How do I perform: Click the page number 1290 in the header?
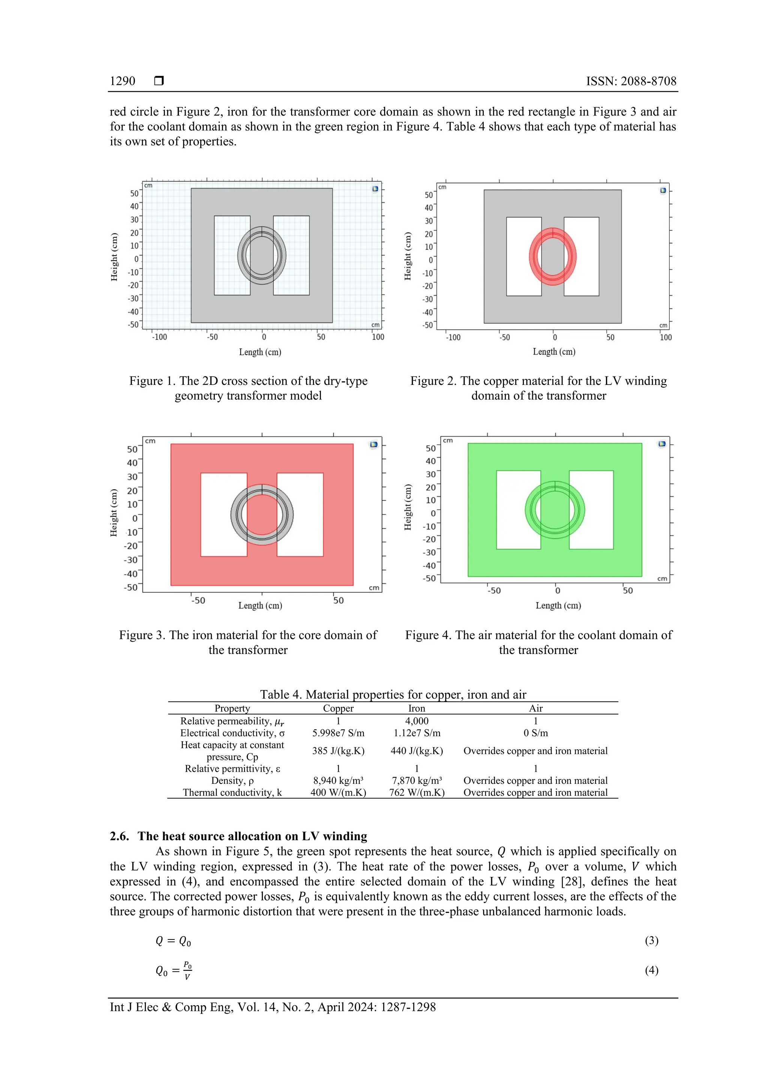[x=122, y=81]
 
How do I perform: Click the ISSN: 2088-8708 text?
[x=631, y=81]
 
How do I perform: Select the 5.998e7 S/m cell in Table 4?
[x=338, y=733]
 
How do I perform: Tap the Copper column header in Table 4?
[x=338, y=708]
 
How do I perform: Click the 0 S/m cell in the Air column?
[x=535, y=733]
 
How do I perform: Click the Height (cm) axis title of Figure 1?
[x=114, y=257]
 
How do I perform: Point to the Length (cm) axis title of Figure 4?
[x=558, y=606]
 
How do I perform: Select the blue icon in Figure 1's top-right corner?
[x=375, y=189]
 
